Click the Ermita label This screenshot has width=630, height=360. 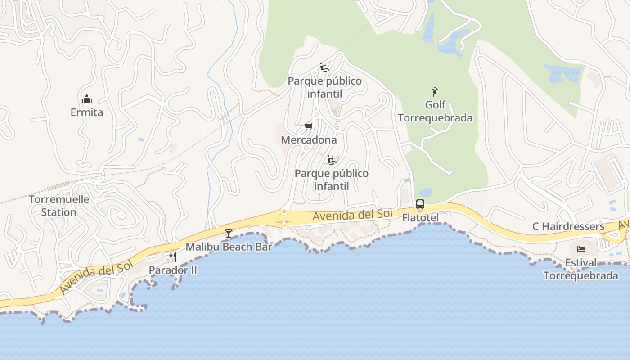point(87,112)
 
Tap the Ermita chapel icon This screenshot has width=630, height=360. point(87,99)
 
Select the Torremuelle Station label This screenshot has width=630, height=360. point(59,206)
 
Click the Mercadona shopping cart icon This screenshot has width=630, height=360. point(308,126)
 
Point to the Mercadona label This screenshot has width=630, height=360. point(309,140)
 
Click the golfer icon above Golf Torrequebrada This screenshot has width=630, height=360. point(435,92)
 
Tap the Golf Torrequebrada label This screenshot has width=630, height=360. point(435,112)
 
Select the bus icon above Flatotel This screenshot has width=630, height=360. point(420,205)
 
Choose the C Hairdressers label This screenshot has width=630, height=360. point(568,226)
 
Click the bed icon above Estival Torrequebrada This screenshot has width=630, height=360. point(580,249)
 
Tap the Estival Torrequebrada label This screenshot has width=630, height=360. point(580,269)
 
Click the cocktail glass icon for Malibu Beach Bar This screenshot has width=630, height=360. point(229,233)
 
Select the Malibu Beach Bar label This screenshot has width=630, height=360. point(229,247)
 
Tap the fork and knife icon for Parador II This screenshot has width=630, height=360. point(173,257)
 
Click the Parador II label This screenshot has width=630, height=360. point(173,270)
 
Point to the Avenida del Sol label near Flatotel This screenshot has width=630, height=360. point(352,215)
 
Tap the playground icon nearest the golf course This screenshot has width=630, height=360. point(324,67)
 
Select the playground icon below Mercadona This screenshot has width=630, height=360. point(332,160)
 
